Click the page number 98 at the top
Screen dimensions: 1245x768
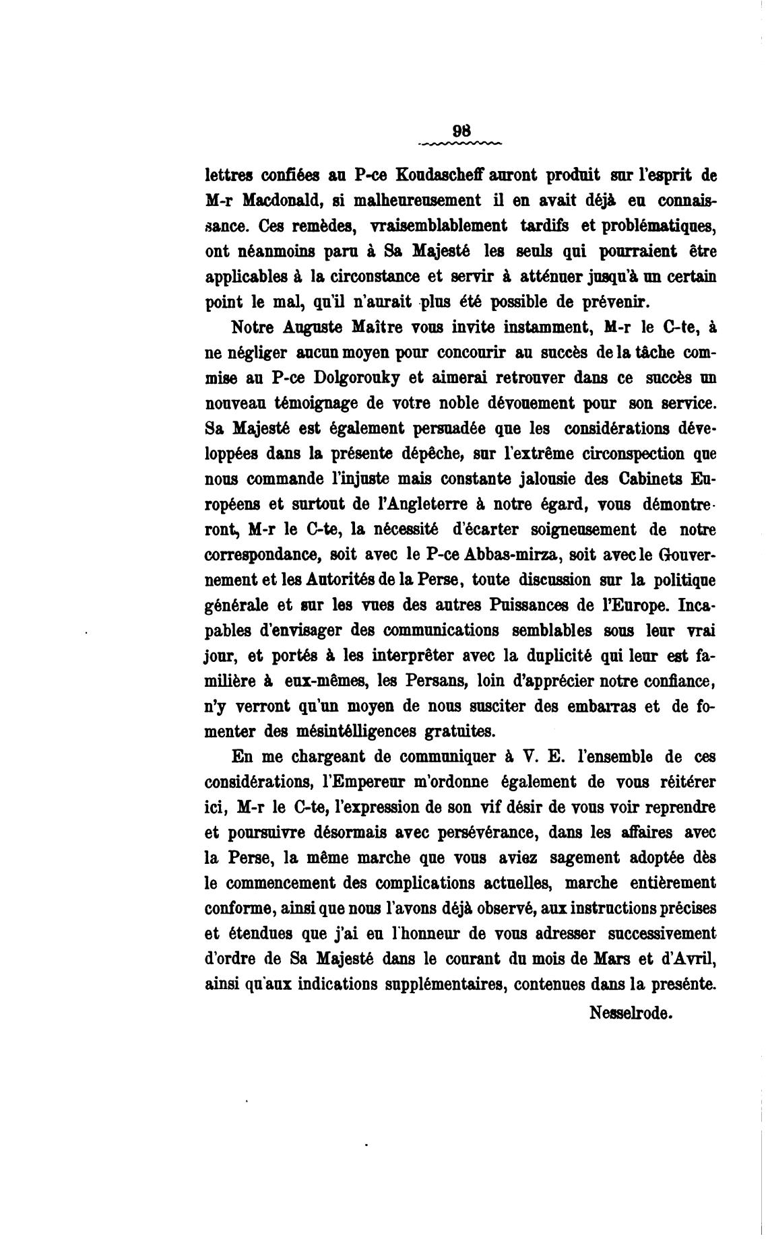coord(461,131)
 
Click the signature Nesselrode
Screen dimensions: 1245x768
coord(631,1013)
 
